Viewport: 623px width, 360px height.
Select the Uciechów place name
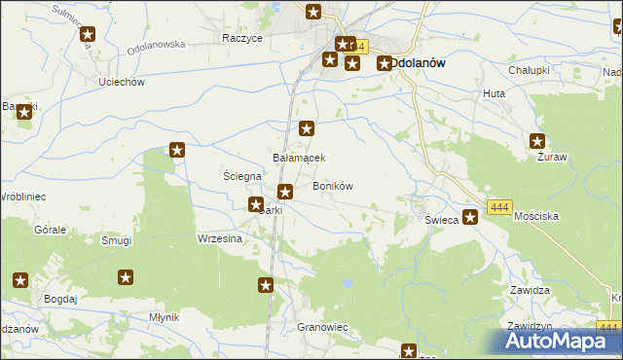[x=122, y=82]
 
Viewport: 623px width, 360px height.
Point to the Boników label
[x=332, y=186]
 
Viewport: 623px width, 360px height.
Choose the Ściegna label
[x=241, y=176]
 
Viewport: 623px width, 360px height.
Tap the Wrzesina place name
[x=220, y=238]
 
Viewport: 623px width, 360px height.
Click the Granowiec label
[x=322, y=328]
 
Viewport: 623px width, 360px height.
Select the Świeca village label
[x=441, y=220]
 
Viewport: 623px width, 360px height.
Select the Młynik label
[x=159, y=318]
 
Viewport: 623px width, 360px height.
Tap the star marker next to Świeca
[x=470, y=217]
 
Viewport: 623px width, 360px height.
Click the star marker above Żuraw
[x=536, y=141]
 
